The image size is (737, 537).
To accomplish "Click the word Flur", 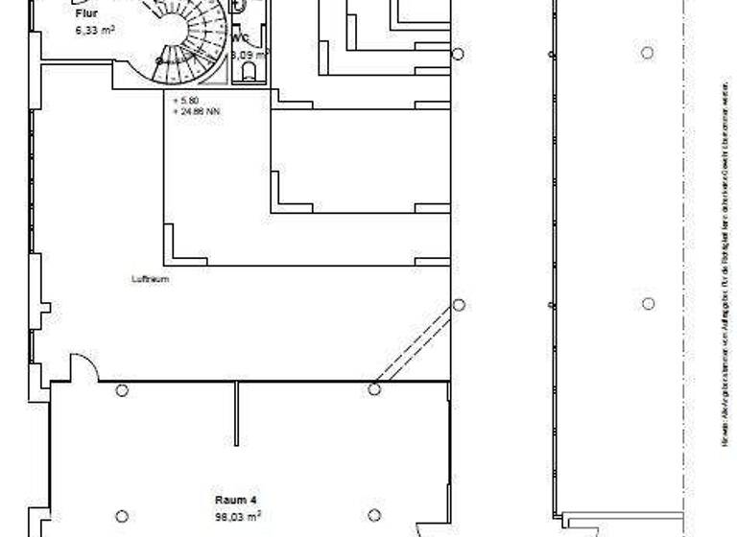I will (87, 13).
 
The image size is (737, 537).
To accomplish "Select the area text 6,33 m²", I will (95, 30).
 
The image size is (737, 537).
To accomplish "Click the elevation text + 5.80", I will (185, 100).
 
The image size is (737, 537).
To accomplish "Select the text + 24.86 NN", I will (195, 110).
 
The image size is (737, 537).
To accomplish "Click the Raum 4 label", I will (235, 500).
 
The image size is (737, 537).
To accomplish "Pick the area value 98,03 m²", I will (238, 515).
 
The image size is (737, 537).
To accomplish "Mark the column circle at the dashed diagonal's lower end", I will (374, 389).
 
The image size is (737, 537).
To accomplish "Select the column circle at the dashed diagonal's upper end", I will (459, 305).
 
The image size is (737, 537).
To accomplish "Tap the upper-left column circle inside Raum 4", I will (122, 390).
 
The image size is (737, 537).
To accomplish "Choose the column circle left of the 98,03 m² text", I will (122, 517).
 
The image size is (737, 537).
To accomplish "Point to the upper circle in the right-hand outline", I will (648, 53).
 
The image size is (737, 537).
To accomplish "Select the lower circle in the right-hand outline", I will (649, 304).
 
